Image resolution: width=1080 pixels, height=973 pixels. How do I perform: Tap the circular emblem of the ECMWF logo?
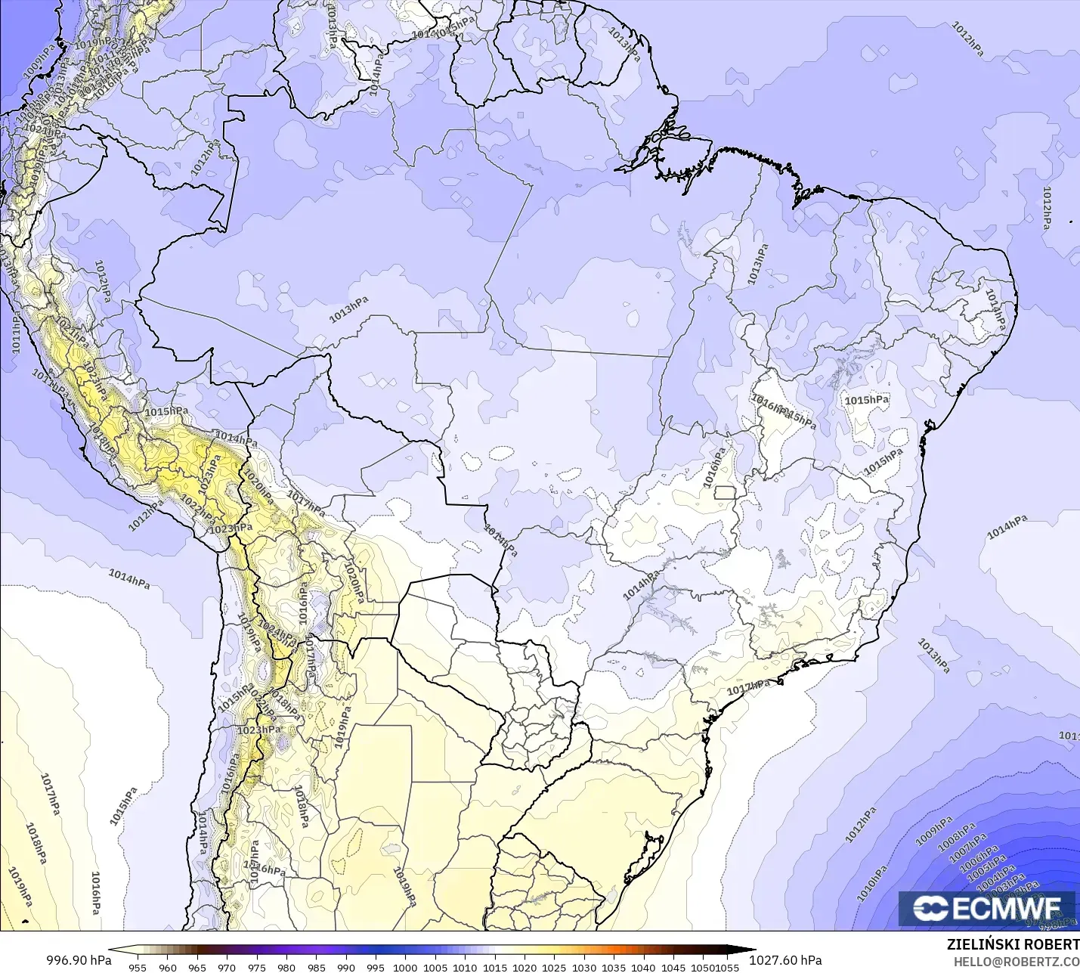930,908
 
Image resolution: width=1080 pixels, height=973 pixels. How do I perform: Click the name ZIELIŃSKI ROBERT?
1013,944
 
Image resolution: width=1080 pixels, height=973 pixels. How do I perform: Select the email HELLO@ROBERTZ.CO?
1016,962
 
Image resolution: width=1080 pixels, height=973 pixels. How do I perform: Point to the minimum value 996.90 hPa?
79,960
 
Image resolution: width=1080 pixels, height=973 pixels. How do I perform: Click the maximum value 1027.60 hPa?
785,960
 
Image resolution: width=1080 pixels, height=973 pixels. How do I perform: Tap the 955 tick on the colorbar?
138,967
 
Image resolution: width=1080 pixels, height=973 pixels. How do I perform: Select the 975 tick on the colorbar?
256,967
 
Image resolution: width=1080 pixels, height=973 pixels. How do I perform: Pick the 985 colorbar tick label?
316,967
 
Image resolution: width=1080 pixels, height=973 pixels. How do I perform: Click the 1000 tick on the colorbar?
405,967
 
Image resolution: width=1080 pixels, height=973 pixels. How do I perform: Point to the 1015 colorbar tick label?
494,967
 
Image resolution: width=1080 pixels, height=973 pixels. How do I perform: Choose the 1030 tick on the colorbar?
583,967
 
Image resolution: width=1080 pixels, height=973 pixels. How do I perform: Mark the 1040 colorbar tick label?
643,967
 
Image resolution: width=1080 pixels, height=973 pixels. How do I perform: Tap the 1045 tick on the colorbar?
673,967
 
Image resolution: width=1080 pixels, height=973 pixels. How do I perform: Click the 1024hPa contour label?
277,632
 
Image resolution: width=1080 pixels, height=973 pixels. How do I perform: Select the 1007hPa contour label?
968,848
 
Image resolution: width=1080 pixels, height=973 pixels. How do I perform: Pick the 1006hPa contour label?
978,858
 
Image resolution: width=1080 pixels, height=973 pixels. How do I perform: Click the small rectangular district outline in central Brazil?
726,492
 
